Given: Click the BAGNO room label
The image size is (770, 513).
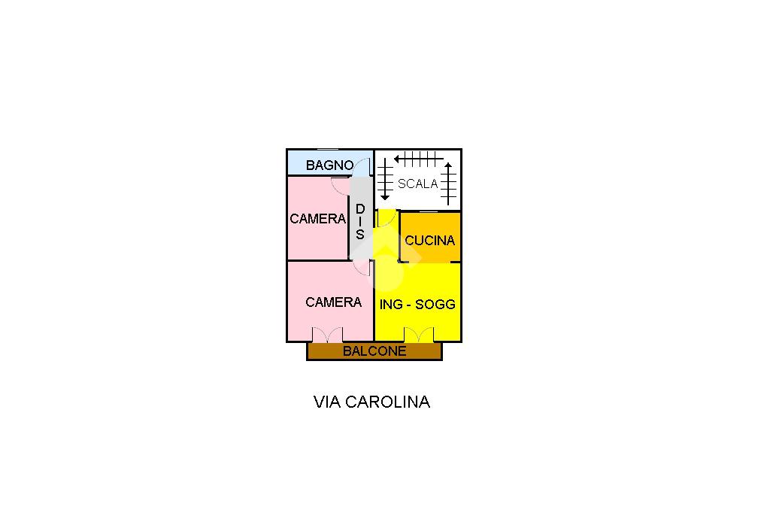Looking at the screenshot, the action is pyautogui.click(x=329, y=165).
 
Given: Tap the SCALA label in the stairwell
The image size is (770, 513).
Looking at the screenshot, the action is pyautogui.click(x=417, y=184).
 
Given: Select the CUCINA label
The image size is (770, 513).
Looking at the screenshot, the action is pyautogui.click(x=429, y=241).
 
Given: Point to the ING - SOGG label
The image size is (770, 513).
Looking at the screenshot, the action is pyautogui.click(x=417, y=305).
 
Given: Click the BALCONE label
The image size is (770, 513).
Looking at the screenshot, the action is pyautogui.click(x=374, y=351).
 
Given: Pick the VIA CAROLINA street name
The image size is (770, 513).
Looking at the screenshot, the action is pyautogui.click(x=371, y=402).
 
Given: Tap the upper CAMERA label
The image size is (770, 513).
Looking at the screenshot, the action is pyautogui.click(x=317, y=219).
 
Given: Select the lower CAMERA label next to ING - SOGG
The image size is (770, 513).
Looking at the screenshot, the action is pyautogui.click(x=333, y=302).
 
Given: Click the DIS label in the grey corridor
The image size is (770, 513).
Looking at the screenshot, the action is pyautogui.click(x=359, y=221).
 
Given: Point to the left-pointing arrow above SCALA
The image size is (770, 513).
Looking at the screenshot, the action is pyautogui.click(x=418, y=159).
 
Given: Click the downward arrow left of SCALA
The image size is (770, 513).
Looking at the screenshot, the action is pyautogui.click(x=385, y=180).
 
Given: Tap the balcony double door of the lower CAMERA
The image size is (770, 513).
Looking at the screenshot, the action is pyautogui.click(x=328, y=335).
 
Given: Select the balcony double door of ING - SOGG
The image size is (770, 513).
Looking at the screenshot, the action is pyautogui.click(x=419, y=335).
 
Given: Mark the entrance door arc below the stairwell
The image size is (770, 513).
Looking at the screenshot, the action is pyautogui.click(x=386, y=219).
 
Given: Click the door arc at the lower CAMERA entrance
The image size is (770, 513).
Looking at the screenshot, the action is pyautogui.click(x=362, y=268).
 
